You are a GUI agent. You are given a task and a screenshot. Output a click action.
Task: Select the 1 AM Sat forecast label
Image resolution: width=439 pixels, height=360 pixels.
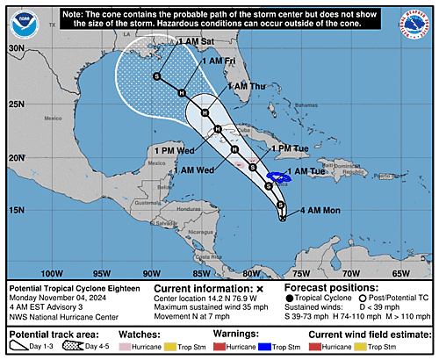(x=196, y=41)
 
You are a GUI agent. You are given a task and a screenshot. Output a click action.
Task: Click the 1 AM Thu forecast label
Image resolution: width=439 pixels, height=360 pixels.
(x=247, y=87)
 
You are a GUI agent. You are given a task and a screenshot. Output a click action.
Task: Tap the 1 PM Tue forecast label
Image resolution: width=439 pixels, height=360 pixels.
(x=289, y=148)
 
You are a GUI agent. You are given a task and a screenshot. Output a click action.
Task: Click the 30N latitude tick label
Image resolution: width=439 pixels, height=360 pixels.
(x=17, y=49)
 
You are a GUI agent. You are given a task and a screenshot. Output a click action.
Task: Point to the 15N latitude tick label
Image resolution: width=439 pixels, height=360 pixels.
(x=17, y=210)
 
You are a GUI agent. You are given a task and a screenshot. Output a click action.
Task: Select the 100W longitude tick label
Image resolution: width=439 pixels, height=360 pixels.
(x=54, y=273)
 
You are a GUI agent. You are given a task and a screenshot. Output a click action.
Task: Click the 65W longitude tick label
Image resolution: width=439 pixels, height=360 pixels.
(x=401, y=273)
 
